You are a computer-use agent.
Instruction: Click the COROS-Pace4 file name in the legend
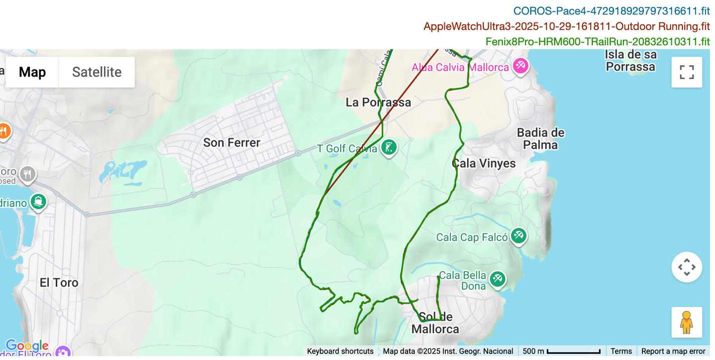tap(611, 11)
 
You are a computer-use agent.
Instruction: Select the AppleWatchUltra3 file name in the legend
tap(566, 26)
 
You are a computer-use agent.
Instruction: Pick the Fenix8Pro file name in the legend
tap(597, 42)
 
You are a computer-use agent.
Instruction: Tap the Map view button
tap(32, 72)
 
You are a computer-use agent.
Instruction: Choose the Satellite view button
tap(96, 72)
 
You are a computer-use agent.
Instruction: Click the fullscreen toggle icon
tap(687, 72)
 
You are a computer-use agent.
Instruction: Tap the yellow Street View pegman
tap(687, 322)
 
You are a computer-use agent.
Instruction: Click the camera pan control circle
tap(687, 267)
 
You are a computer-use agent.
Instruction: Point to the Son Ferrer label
tap(232, 143)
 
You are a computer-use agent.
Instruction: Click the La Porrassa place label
tap(378, 102)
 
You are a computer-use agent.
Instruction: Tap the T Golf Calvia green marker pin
tap(389, 147)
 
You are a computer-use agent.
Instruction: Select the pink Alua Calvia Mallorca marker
tap(520, 66)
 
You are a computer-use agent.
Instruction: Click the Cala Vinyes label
tap(484, 163)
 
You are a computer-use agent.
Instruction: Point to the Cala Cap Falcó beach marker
tap(519, 235)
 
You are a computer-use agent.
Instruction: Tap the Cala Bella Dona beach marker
tap(497, 279)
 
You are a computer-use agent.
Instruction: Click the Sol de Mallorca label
tap(436, 323)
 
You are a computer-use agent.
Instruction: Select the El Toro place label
tap(59, 282)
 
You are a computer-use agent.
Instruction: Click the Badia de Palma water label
tap(540, 139)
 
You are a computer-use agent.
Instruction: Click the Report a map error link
tap(673, 351)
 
